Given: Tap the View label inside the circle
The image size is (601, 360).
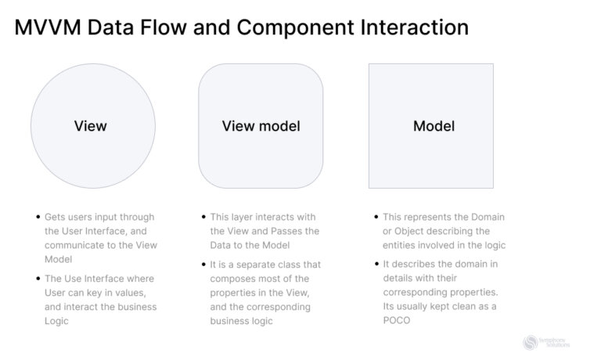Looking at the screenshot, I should coord(91,126).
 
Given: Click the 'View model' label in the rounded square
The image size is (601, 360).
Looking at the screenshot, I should coord(261,126).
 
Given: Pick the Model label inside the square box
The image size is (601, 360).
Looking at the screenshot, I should coord(434,126).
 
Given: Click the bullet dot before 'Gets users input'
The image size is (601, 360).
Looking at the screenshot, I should coord(38,217).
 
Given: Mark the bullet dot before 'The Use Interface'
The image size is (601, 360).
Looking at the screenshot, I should coord(38,278).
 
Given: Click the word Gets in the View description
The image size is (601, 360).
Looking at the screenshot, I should coord(56,217).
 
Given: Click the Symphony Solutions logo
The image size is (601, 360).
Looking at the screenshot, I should coord(546,342).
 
